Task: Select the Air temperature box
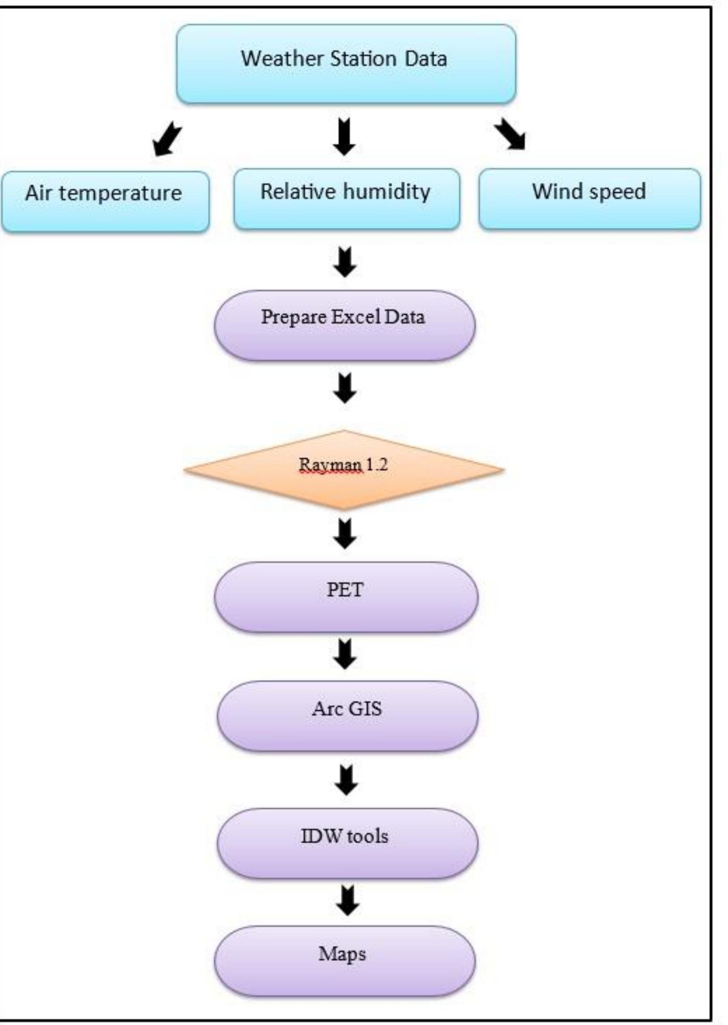104,202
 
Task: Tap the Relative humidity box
346,200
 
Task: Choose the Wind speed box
589,200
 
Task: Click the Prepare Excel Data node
344,326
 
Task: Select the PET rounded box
346,597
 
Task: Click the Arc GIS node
347,716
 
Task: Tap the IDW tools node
347,842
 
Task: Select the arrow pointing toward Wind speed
510,134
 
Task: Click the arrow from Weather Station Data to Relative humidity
344,136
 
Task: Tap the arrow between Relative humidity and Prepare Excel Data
345,262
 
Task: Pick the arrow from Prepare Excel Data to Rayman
345,388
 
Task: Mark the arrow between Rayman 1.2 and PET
345,534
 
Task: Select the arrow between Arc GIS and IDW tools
346,780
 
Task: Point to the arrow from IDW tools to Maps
347,900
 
